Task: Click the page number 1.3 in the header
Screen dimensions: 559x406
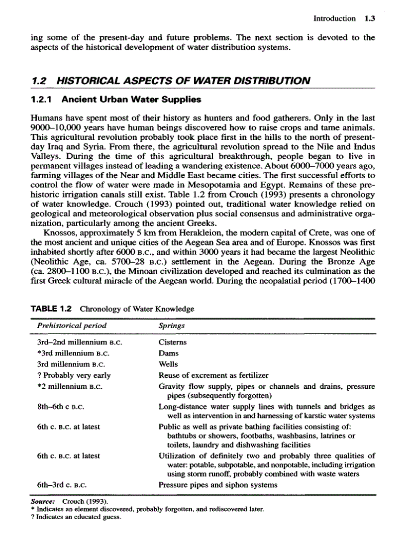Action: [x=369, y=19]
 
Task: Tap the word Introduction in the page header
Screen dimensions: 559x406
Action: [x=334, y=19]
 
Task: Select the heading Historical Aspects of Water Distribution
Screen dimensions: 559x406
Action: [x=171, y=81]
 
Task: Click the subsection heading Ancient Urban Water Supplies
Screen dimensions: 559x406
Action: [x=116, y=99]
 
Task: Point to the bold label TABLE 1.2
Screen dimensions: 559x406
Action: [x=51, y=309]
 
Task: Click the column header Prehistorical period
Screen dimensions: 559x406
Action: [x=72, y=325]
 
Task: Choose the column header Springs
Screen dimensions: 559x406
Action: [x=172, y=325]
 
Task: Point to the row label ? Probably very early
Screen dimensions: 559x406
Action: [x=74, y=375]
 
